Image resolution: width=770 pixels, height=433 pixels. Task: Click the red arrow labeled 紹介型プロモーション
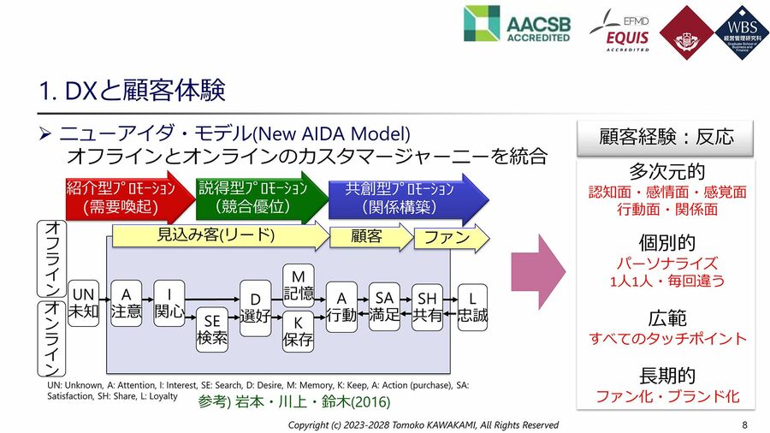(x=125, y=198)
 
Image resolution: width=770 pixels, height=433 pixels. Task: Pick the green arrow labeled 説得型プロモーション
(x=258, y=198)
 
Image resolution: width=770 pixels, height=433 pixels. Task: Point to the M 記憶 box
(x=298, y=285)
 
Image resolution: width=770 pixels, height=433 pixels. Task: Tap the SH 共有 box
(x=427, y=305)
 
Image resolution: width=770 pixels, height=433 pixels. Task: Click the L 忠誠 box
(x=471, y=305)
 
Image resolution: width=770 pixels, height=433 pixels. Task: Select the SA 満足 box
(x=384, y=305)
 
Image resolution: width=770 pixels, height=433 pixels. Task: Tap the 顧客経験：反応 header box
(x=666, y=137)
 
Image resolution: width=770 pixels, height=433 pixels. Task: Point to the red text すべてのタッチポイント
(x=666, y=339)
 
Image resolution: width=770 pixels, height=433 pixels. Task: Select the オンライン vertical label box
(x=51, y=337)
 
